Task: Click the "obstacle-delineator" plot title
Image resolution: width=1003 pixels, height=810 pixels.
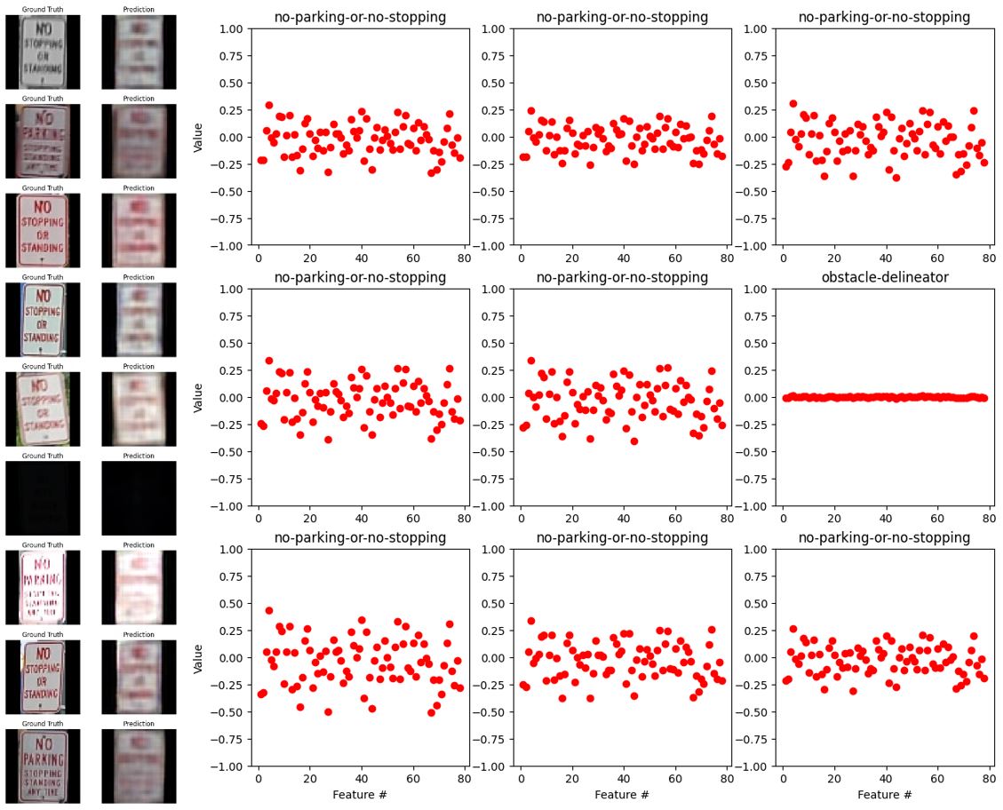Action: [884, 277]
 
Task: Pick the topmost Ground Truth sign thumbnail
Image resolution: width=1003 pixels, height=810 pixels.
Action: [43, 52]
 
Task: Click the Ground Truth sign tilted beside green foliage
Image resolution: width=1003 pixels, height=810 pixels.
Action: [43, 408]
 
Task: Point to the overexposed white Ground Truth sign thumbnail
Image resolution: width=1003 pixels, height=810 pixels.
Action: [43, 587]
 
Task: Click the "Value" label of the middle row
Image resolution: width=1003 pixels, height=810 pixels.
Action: [199, 397]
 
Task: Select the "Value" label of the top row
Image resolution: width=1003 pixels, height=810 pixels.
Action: [199, 137]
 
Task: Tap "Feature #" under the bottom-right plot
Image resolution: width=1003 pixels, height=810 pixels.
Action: [884, 794]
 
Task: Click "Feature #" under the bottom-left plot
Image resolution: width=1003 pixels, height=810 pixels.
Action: [360, 794]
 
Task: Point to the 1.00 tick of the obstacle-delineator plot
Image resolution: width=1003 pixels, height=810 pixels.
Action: [760, 290]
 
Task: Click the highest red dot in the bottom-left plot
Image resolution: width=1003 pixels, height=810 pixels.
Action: [269, 611]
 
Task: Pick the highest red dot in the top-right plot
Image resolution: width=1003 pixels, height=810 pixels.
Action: [793, 104]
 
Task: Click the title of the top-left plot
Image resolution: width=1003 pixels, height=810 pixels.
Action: [360, 17]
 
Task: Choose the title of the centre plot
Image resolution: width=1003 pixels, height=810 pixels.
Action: [622, 277]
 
